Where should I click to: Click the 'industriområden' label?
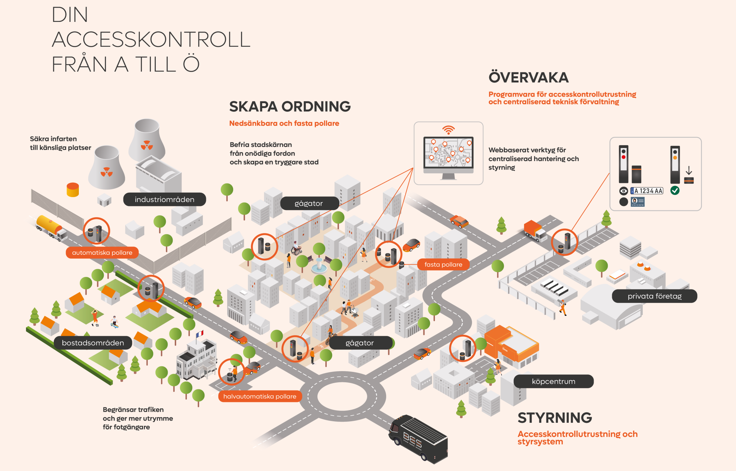164,199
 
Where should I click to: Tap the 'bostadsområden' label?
93,343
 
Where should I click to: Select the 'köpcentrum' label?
553,381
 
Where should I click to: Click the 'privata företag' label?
654,296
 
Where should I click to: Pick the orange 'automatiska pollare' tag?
102,252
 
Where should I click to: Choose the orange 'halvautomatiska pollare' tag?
259,396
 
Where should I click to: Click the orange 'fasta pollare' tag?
443,265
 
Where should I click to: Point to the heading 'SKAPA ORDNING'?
290,107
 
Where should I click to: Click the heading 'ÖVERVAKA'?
528,78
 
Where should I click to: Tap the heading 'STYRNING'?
555,418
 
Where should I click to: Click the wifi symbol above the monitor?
449,130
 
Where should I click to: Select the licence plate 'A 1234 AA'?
647,191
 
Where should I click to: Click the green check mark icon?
675,191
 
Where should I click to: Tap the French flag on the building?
200,334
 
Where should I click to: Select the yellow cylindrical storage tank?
72,189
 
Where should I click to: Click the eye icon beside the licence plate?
623,191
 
